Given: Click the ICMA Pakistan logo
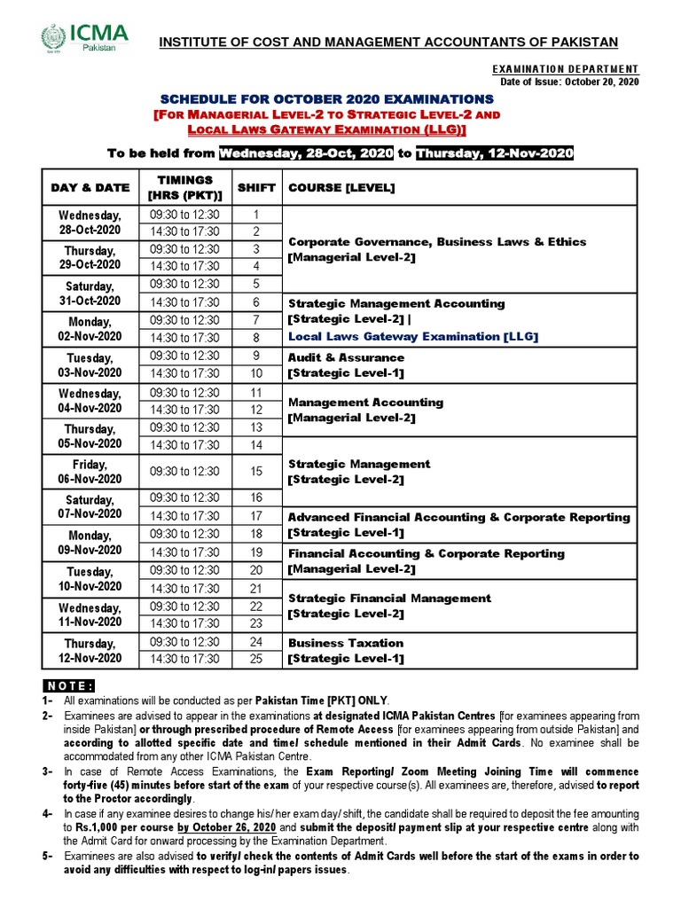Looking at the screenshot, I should click(85, 38).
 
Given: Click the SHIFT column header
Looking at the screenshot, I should click(256, 188).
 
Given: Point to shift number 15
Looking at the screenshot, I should click(256, 472).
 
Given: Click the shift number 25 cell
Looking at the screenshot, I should click(256, 659).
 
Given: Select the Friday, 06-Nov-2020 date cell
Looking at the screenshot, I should click(90, 472).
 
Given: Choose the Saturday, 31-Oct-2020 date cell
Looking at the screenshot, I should click(90, 294).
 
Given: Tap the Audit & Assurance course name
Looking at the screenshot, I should click(346, 356).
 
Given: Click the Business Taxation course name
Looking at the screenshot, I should click(346, 643).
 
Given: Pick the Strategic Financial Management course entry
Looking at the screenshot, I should click(389, 599).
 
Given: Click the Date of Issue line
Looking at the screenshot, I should click(569, 82).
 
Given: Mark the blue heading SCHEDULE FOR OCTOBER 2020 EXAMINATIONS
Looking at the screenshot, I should click(327, 98).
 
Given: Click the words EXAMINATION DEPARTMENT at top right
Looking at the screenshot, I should click(565, 69).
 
